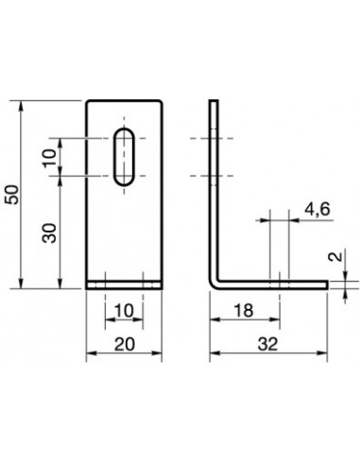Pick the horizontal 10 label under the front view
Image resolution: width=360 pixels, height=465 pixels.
(x=124, y=311)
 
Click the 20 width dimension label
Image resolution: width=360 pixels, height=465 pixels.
(x=124, y=346)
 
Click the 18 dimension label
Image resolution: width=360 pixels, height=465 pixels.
(x=243, y=311)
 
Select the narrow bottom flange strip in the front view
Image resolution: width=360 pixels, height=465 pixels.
(x=125, y=282)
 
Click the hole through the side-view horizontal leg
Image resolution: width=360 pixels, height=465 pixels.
(x=279, y=282)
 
